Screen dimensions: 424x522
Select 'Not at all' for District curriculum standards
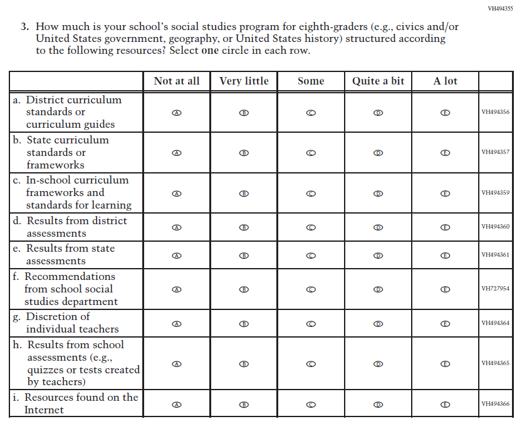(x=177, y=113)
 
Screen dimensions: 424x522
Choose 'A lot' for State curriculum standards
(x=446, y=153)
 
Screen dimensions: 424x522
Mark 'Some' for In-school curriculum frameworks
(x=311, y=194)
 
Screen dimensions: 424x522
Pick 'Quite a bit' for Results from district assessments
(x=378, y=227)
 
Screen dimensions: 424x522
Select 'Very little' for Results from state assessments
(x=244, y=256)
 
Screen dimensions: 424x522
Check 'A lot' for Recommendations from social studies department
(x=446, y=289)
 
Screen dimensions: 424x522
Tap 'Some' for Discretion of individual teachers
(x=311, y=324)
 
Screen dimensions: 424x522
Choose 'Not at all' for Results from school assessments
(x=177, y=364)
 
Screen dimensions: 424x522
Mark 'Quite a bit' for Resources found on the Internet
(x=378, y=405)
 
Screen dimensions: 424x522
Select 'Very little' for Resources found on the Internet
(x=244, y=405)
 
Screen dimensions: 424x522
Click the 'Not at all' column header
(x=177, y=81)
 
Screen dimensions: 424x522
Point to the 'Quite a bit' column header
(x=378, y=81)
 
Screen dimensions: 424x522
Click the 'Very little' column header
(x=244, y=81)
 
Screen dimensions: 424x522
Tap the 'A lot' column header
(x=446, y=81)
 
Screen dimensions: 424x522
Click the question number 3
(x=24, y=28)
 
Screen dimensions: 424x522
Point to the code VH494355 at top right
(x=500, y=9)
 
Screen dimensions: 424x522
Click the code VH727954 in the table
(x=495, y=289)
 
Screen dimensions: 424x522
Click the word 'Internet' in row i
(x=44, y=410)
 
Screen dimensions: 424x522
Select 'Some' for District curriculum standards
(x=311, y=113)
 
